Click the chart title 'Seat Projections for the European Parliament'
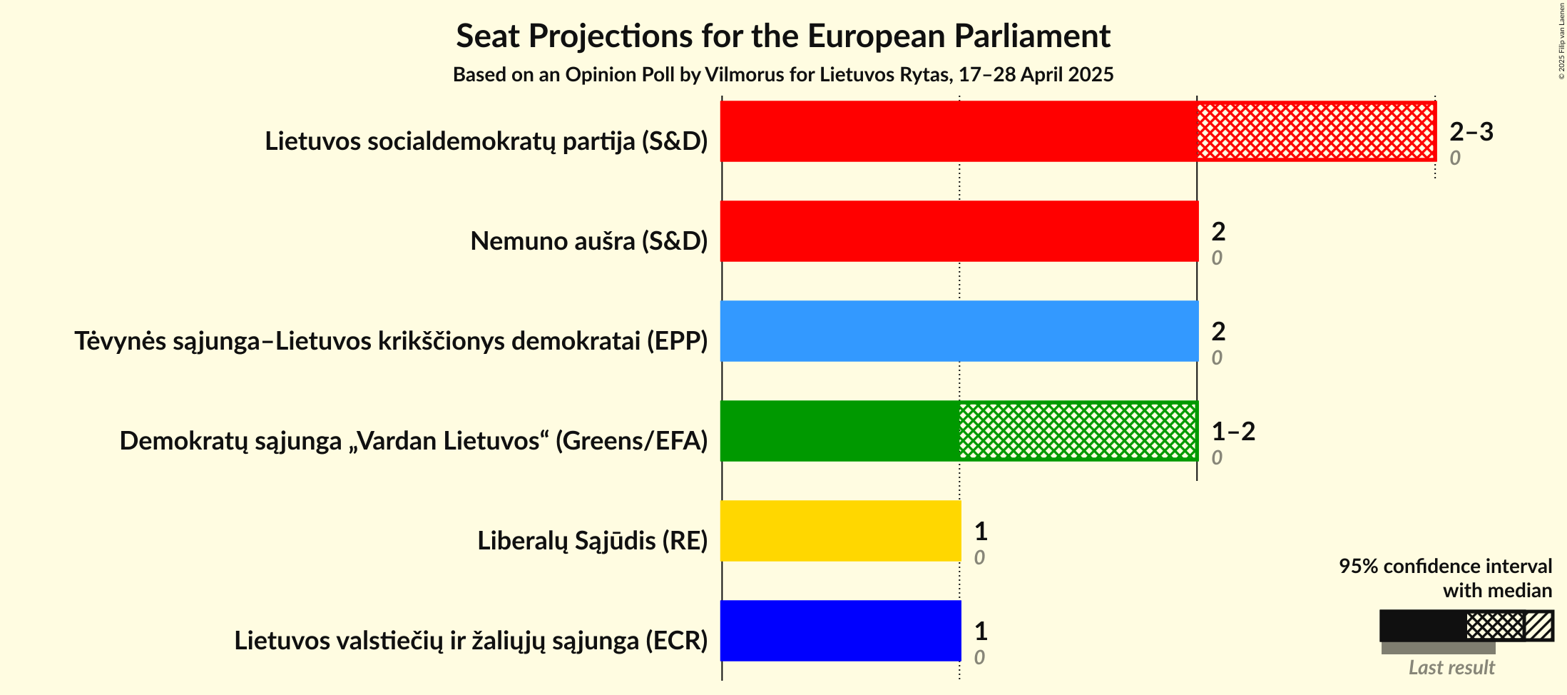tap(783, 36)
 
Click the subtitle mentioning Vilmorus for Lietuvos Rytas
tap(783, 75)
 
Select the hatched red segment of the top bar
tap(1316, 131)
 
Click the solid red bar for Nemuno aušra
tap(959, 231)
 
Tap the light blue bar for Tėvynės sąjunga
tap(959, 331)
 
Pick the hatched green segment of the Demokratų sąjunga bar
tap(1078, 431)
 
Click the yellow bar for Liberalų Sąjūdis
tap(840, 531)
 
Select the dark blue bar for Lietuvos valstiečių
tap(840, 631)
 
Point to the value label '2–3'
tap(1471, 132)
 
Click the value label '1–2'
tap(1233, 432)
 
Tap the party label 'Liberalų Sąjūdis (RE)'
tap(592, 541)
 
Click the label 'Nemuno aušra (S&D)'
tap(588, 241)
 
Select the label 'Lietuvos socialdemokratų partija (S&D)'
tap(486, 141)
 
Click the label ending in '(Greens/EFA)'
tap(413, 441)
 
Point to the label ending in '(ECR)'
tap(471, 641)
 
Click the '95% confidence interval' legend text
tap(1445, 567)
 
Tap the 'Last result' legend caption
tap(1451, 668)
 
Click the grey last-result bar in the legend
tap(1437, 648)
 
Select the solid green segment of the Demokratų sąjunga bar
tap(840, 431)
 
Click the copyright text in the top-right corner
tap(1561, 41)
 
